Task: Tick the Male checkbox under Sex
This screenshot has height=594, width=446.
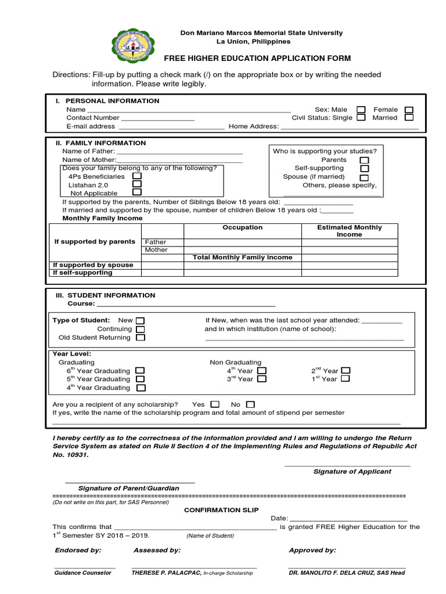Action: pos(361,110)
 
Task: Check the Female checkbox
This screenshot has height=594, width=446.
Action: pos(409,110)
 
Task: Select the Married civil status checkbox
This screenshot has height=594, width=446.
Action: pos(409,118)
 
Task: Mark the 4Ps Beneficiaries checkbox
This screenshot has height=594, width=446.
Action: pos(137,176)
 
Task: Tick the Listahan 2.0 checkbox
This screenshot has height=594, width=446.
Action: pos(137,184)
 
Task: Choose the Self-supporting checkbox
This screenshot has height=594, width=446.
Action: pos(364,168)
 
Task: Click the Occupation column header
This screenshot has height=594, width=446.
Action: pos(242,228)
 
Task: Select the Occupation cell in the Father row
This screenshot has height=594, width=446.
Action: pos(242,242)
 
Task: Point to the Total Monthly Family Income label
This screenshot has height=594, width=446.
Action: pos(242,258)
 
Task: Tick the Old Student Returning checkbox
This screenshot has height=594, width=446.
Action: pos(141,337)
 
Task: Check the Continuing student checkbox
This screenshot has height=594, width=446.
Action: pos(141,329)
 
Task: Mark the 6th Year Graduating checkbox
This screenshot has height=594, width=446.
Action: pos(140,371)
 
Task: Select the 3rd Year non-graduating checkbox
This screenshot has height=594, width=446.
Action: pos(261,379)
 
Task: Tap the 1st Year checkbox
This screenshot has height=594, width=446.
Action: pos(346,379)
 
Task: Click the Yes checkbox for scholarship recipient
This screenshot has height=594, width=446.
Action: pos(215,404)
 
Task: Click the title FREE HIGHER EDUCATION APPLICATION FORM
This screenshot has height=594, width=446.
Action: pos(257,59)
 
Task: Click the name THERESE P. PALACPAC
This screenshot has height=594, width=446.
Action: pos(166,573)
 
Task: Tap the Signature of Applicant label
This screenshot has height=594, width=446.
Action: pos(352,472)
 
